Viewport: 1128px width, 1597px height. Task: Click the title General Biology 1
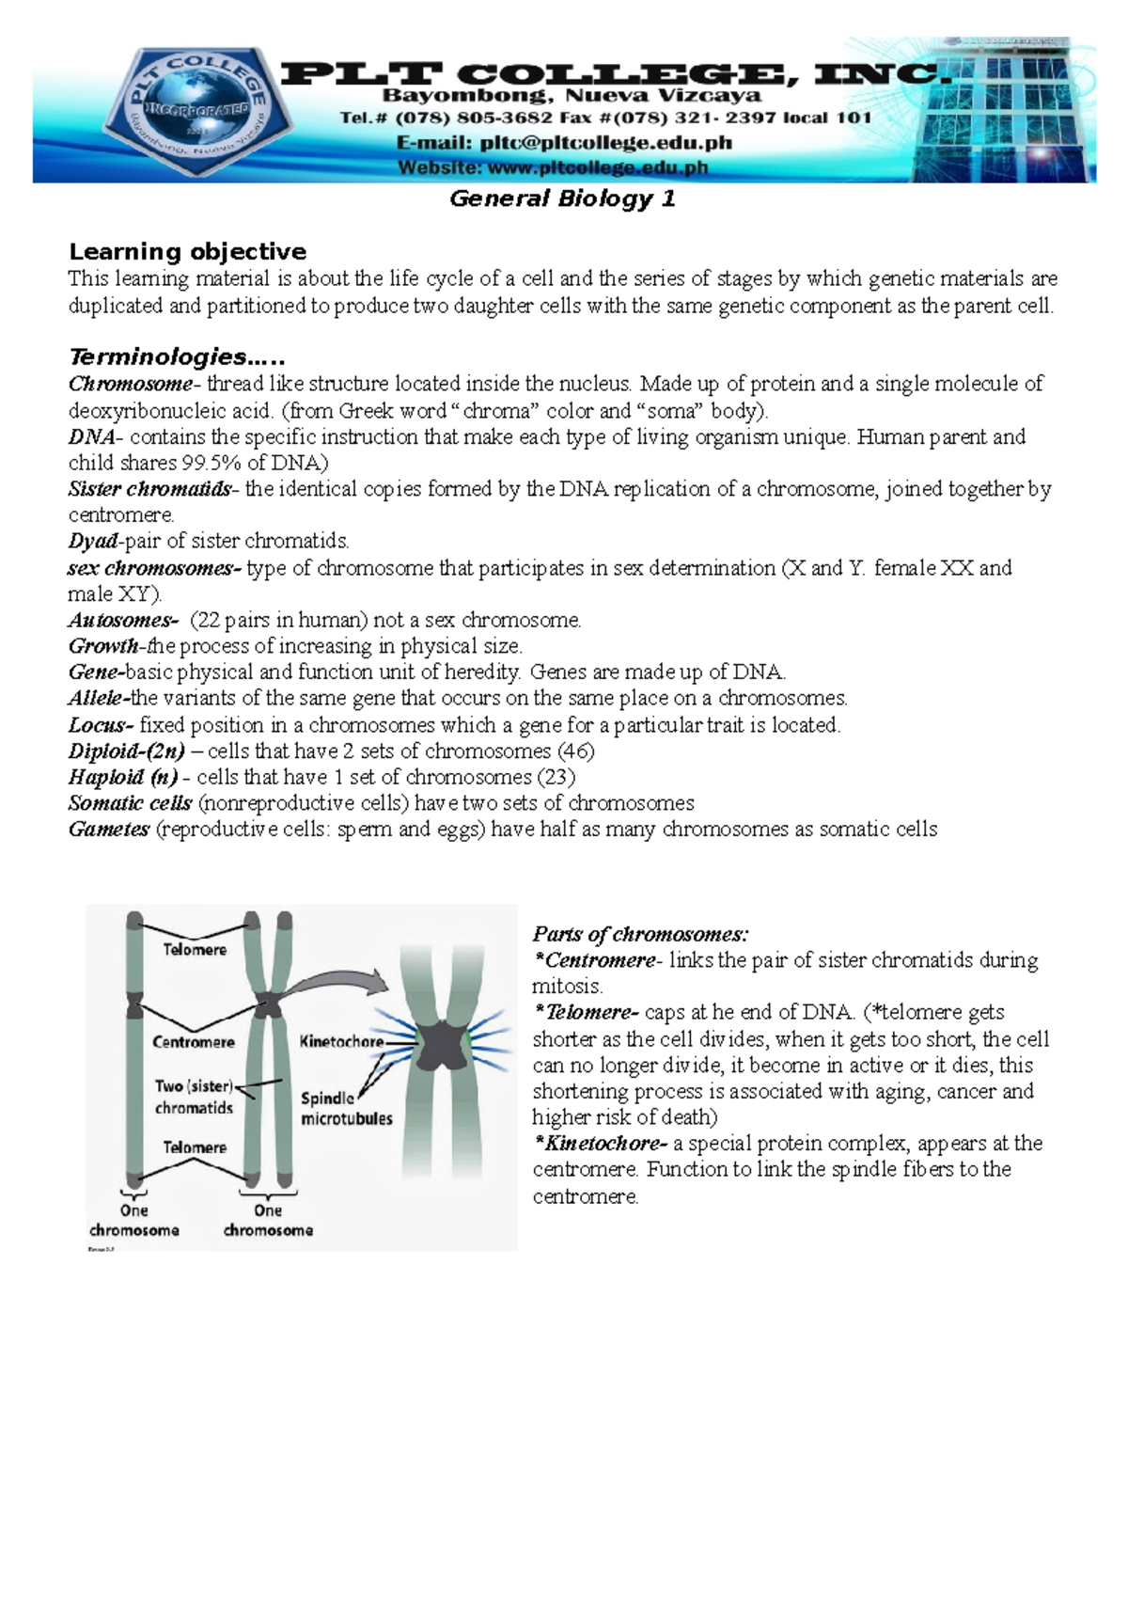562,198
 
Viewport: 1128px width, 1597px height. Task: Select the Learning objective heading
187,251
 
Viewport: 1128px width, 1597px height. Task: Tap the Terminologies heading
176,357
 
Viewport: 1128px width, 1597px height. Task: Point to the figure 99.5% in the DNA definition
213,463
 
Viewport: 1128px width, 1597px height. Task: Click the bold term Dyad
93,541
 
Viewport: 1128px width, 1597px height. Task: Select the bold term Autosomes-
122,620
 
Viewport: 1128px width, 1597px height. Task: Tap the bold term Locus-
101,725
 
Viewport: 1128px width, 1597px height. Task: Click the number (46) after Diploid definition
575,751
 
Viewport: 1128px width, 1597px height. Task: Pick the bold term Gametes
108,830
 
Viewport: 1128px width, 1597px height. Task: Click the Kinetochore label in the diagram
341,1041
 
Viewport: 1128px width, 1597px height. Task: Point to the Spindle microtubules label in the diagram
345,1108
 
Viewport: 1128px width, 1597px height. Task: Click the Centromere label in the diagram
193,1042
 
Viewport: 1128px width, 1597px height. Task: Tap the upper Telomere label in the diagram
195,950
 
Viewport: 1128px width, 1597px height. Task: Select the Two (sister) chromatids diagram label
194,1097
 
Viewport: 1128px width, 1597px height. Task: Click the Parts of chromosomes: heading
640,934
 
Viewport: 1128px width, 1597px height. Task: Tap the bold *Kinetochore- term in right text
600,1144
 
